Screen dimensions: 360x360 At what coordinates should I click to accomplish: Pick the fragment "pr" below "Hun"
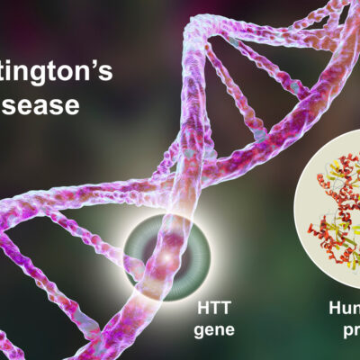tap(346, 330)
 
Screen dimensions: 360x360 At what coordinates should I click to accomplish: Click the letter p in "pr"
tap(341, 332)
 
